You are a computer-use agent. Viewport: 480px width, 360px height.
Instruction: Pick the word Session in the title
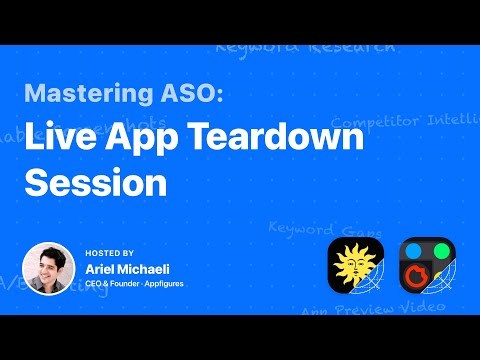95,182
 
